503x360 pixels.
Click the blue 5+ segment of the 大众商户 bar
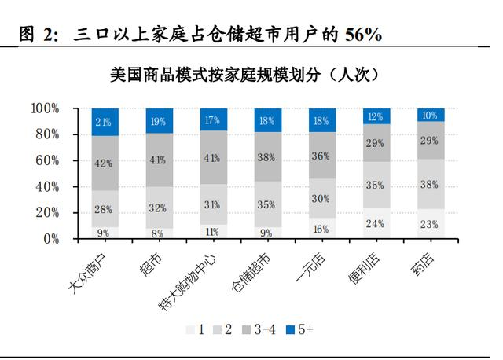tap(105, 122)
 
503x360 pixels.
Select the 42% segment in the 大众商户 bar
tap(105, 163)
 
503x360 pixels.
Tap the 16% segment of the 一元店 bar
tap(321, 228)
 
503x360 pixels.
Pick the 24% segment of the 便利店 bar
tap(376, 222)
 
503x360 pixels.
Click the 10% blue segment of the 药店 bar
tap(430, 115)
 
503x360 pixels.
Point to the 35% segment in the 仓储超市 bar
tap(267, 204)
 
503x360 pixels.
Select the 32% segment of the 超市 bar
tap(159, 208)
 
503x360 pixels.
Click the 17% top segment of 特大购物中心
tap(213, 119)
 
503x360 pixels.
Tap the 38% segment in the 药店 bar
tap(430, 184)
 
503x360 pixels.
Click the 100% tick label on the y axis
tap(45, 108)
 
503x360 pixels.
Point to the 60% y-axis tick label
tap(48, 160)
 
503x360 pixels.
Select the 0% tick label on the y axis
tap(51, 238)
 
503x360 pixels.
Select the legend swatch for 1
tap(191, 331)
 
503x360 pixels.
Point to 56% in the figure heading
tap(362, 34)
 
